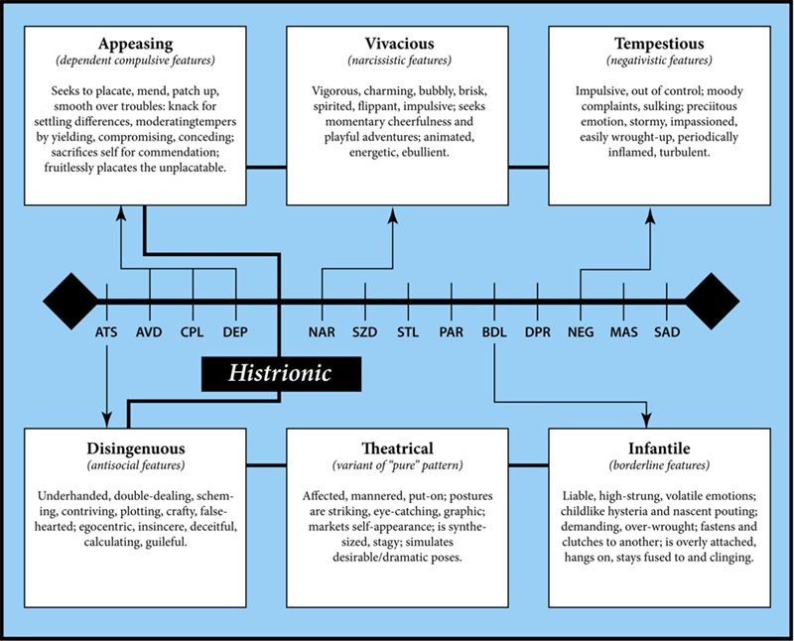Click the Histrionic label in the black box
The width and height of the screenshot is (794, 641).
(280, 374)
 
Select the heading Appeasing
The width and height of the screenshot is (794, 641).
(135, 44)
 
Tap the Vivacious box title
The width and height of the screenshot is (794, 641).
(399, 44)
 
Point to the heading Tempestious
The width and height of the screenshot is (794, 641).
(659, 44)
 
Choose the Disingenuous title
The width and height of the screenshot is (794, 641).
(136, 449)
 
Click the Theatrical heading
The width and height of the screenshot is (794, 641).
(398, 449)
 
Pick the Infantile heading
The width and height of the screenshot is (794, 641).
(659, 449)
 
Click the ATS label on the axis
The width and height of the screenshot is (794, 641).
(106, 332)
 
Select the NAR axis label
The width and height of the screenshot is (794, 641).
(322, 332)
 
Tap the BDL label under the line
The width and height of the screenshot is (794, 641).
(494, 332)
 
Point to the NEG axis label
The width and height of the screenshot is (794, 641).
(581, 332)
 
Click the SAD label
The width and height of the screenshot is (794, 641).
(667, 332)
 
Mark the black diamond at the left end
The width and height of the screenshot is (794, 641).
(70, 302)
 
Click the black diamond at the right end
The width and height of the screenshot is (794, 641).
(712, 302)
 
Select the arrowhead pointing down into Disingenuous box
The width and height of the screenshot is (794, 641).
(106, 420)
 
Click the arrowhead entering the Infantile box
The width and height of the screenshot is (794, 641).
(646, 420)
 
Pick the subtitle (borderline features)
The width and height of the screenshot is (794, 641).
(659, 465)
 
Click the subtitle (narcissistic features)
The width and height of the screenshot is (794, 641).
(399, 61)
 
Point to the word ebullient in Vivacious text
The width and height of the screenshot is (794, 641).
(425, 153)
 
